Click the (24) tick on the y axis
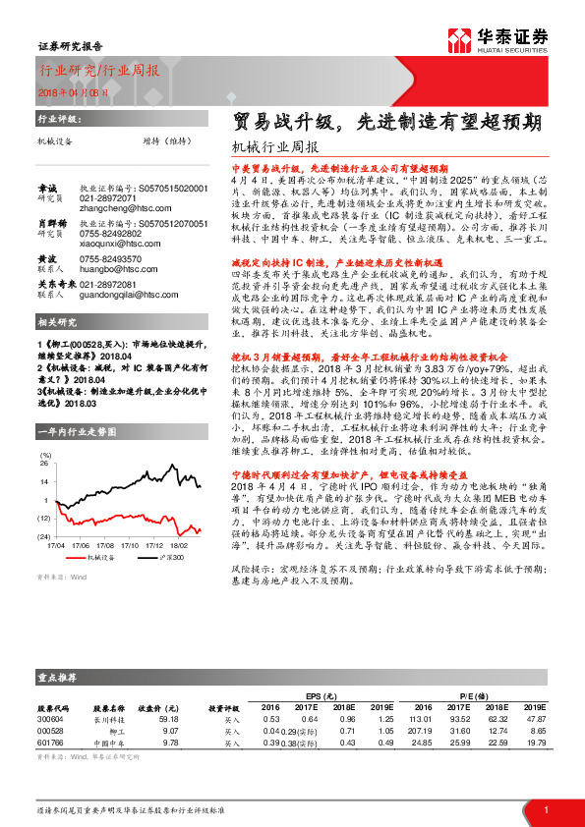[44, 535]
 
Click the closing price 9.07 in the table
[169, 730]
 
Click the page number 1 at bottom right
[545, 808]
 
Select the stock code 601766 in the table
[50, 743]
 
